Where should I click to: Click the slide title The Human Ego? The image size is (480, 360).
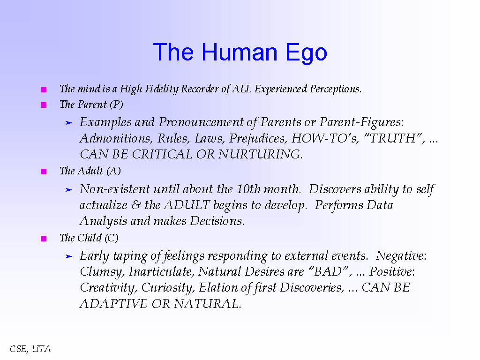(x=240, y=52)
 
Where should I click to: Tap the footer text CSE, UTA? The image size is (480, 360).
(x=30, y=349)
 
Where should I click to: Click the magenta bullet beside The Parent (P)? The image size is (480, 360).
(x=44, y=105)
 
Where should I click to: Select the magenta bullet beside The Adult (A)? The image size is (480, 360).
(x=44, y=172)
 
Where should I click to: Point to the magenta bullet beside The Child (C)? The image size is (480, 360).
(x=44, y=239)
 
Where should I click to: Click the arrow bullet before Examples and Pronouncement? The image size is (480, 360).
(x=68, y=123)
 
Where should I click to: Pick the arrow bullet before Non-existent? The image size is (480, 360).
(x=68, y=190)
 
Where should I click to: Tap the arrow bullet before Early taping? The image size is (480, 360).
(x=68, y=256)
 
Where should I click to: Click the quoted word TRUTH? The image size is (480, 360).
(x=393, y=139)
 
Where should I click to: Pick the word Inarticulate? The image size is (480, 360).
(x=162, y=272)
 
